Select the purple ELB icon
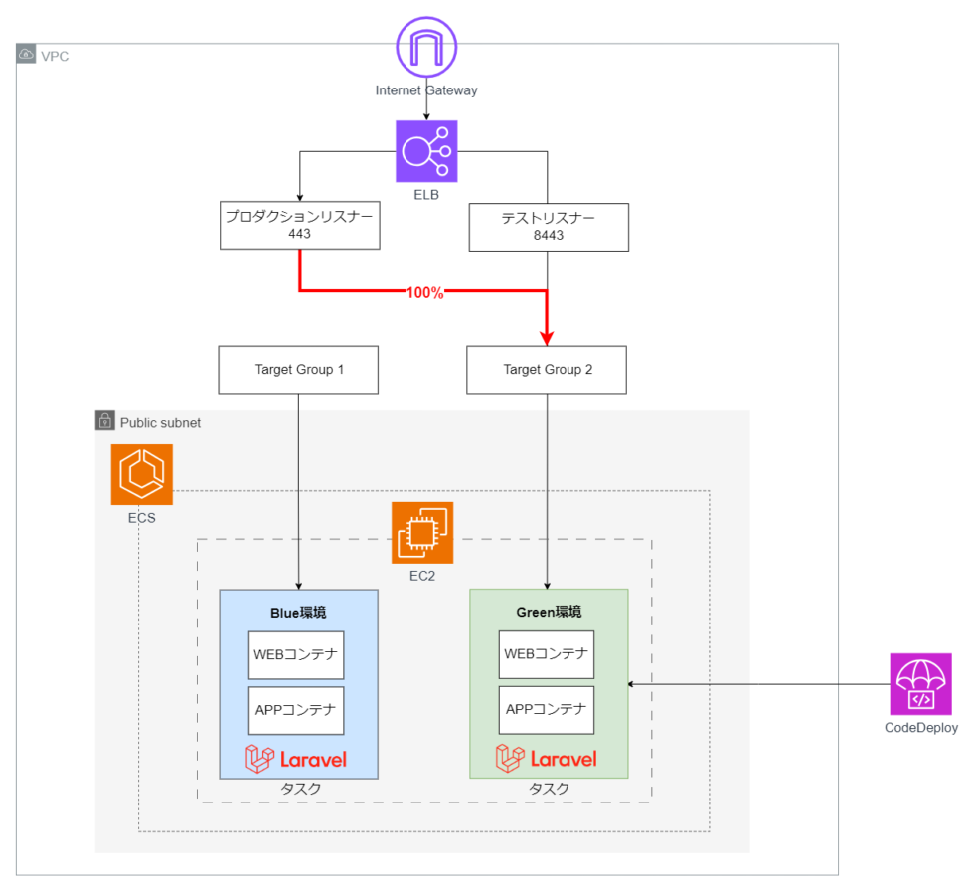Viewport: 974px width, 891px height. (x=426, y=151)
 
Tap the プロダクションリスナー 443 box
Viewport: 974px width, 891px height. (x=299, y=225)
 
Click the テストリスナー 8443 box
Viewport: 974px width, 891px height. (x=549, y=228)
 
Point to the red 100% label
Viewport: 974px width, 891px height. (x=424, y=293)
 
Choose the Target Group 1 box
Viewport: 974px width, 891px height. (x=299, y=370)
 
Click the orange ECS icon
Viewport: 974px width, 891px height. (x=141, y=474)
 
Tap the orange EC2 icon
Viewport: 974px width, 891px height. (x=422, y=533)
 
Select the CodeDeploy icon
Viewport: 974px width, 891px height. (x=920, y=684)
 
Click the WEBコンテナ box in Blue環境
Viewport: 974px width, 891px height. (x=296, y=654)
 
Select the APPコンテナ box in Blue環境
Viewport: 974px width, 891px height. (x=296, y=710)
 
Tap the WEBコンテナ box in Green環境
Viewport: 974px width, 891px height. (x=547, y=654)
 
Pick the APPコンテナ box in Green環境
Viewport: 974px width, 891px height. (x=547, y=710)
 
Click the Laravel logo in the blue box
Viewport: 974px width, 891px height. (x=296, y=759)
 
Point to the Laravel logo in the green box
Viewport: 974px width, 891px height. (x=547, y=759)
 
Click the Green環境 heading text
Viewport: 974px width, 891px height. (x=549, y=612)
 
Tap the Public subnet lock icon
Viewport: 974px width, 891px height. (x=105, y=422)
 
